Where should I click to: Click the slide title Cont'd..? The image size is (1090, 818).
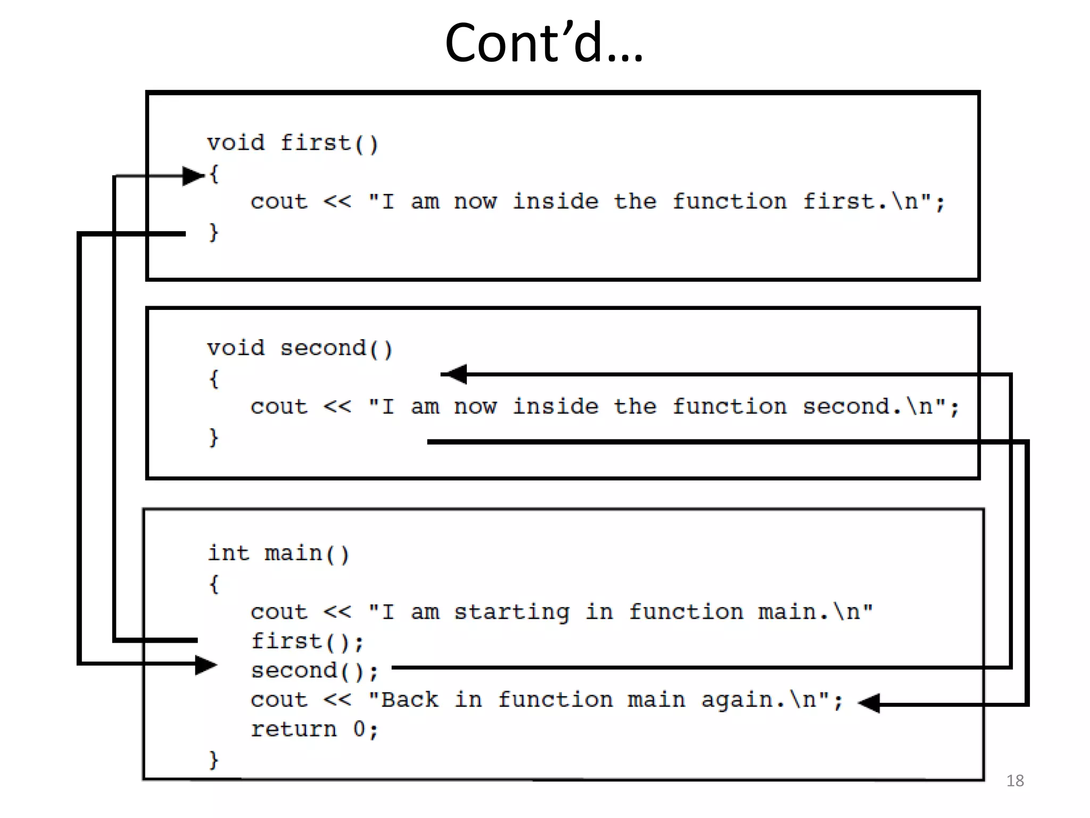pos(543,43)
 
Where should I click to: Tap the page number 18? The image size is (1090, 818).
pos(1014,781)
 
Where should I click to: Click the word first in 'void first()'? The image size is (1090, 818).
pos(315,143)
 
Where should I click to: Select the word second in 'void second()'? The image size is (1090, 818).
pos(323,348)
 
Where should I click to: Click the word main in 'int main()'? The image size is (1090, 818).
pos(293,553)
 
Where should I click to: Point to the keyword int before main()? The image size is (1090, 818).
pos(228,553)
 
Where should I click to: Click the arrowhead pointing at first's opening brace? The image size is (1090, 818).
pos(193,176)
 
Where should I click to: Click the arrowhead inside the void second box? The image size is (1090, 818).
pos(456,374)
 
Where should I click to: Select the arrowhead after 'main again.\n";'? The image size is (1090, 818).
pos(870,703)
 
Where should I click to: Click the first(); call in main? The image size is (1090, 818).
pos(308,642)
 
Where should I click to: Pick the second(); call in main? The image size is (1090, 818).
pos(314,671)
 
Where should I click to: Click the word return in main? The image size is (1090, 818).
pos(294,730)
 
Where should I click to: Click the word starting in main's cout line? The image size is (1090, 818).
pos(511,612)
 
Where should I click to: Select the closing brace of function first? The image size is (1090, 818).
pos(213,232)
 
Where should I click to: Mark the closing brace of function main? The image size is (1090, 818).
pos(213,759)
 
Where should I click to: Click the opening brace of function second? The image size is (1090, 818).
pos(213,379)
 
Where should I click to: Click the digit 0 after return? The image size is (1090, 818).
pos(359,729)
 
